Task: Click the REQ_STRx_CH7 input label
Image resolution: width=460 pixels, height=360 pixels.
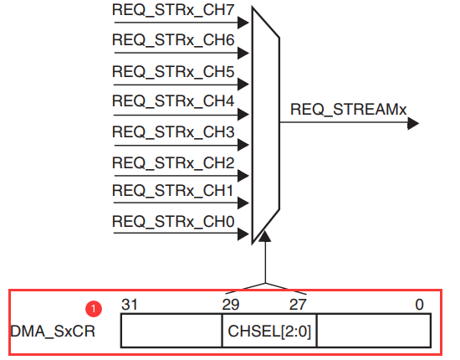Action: click(173, 10)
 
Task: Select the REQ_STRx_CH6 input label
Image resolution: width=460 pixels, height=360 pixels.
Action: click(173, 40)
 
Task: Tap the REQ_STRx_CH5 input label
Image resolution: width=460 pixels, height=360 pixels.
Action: click(173, 72)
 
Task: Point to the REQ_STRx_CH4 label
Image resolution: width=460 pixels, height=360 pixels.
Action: click(173, 101)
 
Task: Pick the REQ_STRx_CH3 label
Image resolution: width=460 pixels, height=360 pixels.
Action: click(173, 131)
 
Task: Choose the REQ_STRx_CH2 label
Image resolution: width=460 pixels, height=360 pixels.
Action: click(173, 162)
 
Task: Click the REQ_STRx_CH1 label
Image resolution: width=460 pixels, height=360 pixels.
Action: click(172, 190)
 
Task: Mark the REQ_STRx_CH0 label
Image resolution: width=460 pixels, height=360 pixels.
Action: click(173, 221)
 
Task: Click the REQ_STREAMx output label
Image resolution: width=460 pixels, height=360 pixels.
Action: click(348, 110)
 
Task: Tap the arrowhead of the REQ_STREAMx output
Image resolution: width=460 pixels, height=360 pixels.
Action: click(413, 123)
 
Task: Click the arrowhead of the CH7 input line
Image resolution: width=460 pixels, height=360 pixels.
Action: click(243, 23)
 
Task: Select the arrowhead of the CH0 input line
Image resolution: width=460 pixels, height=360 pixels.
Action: click(243, 234)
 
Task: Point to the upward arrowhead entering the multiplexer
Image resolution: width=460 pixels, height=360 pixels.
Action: click(265, 236)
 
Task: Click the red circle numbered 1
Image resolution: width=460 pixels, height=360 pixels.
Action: click(94, 309)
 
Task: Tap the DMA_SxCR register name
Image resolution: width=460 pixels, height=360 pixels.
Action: click(53, 332)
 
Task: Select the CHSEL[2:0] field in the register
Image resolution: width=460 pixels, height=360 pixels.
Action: click(269, 332)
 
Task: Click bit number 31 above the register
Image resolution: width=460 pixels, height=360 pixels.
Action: click(130, 305)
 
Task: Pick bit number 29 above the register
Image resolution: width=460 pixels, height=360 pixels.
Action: click(231, 305)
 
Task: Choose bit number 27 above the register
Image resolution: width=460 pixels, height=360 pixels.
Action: click(298, 305)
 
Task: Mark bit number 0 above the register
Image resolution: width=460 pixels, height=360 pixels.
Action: click(420, 305)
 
